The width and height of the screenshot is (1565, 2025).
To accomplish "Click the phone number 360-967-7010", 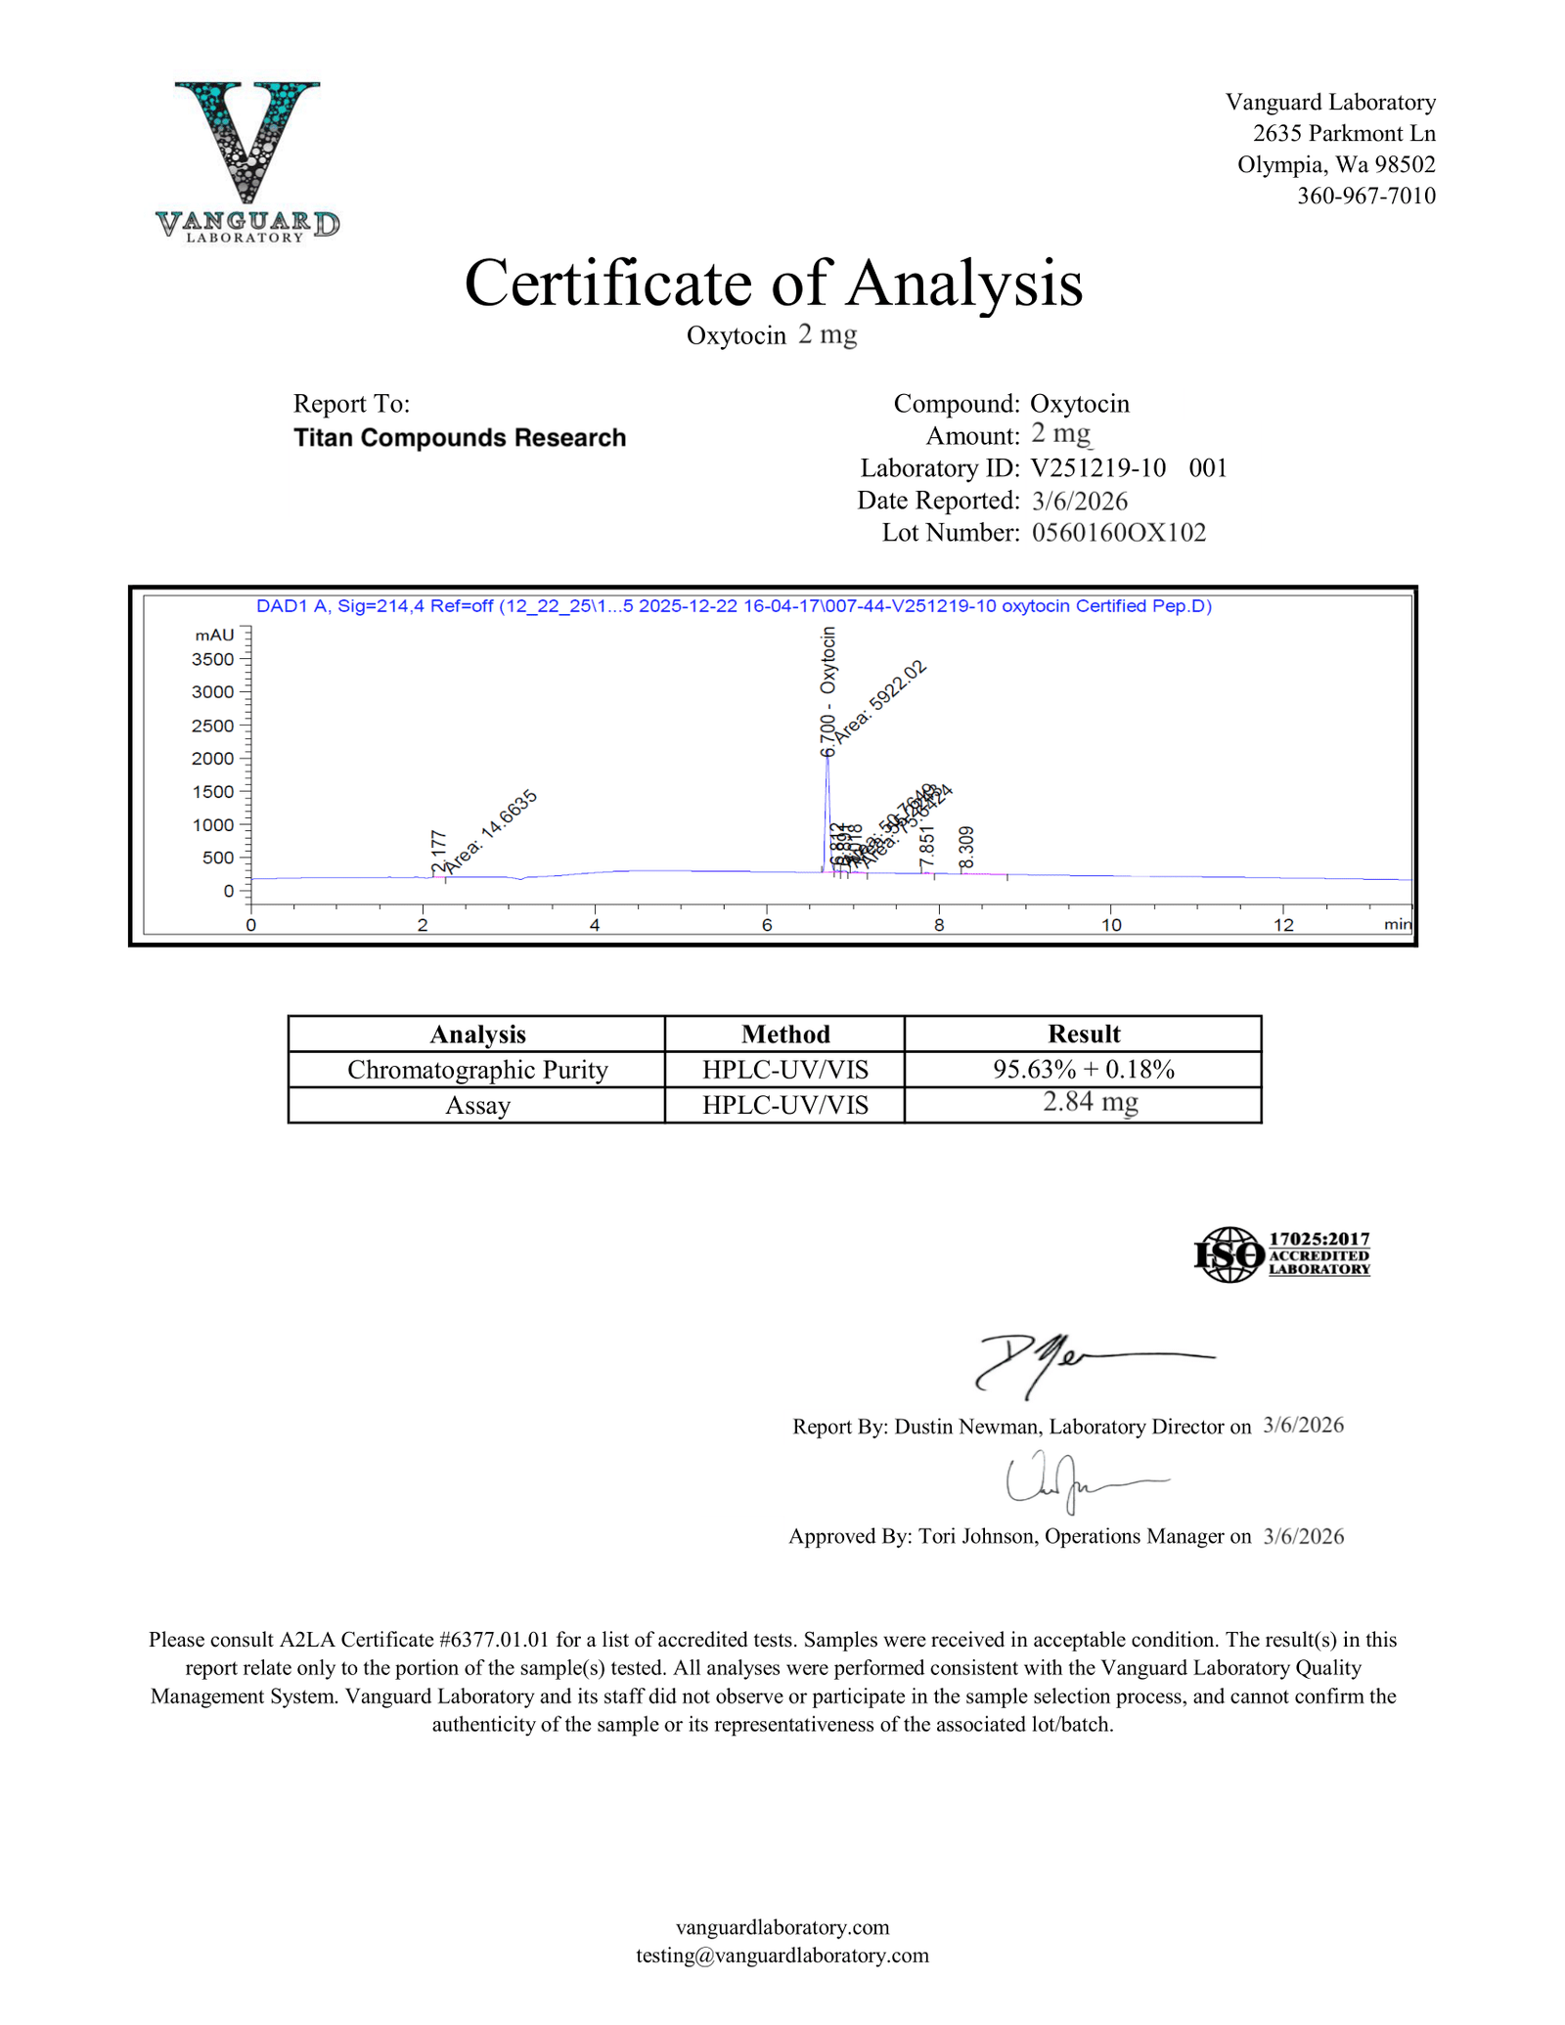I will tap(1365, 196).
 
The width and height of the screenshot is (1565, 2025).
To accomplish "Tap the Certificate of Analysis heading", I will tap(773, 284).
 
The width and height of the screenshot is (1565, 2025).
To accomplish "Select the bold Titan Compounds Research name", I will tap(460, 438).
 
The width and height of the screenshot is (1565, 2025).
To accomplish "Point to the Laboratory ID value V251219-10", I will tap(1097, 468).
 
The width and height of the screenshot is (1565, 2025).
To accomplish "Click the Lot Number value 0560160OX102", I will tap(1118, 533).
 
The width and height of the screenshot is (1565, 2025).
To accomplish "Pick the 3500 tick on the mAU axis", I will tap(213, 659).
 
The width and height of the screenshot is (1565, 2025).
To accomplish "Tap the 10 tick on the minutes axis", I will tap(1111, 925).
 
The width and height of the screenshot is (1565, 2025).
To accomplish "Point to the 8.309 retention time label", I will tap(966, 847).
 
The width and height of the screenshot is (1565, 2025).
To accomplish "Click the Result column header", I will tap(1083, 1035).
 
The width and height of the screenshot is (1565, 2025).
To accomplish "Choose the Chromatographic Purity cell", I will tap(477, 1070).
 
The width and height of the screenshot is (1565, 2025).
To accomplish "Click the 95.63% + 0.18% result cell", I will tap(1083, 1070).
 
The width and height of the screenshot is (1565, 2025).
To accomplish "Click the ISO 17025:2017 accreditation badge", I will tap(1281, 1255).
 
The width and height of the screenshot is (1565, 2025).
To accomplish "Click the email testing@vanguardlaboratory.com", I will tap(782, 1955).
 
